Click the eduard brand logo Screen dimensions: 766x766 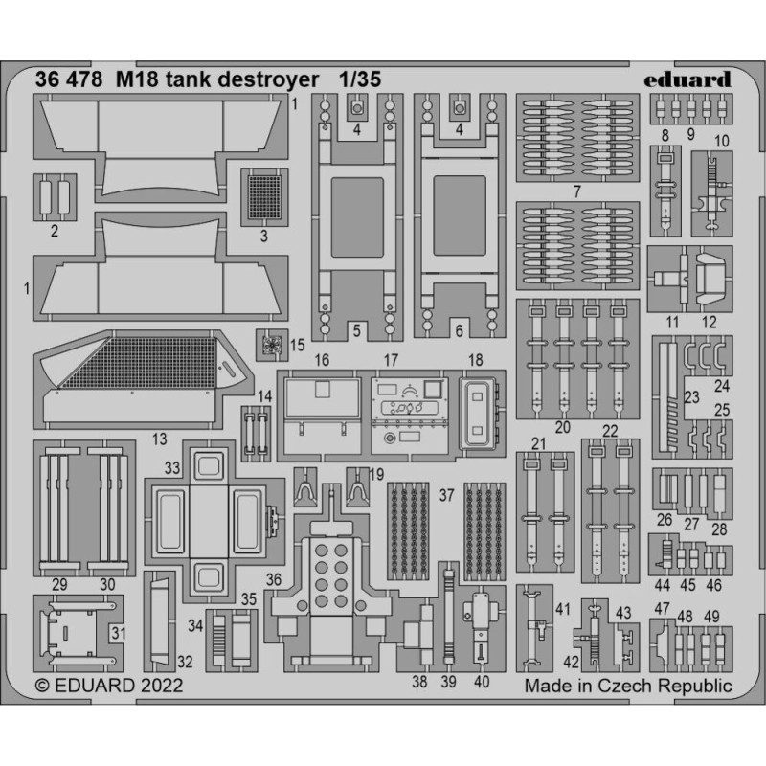(x=687, y=79)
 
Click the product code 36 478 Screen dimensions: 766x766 (x=69, y=79)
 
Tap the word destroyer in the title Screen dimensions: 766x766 (x=268, y=80)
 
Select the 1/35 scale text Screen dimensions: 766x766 (x=361, y=79)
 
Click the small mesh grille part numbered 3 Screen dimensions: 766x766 (x=264, y=197)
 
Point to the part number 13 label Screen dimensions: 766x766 (x=159, y=439)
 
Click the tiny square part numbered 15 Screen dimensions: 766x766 (x=272, y=345)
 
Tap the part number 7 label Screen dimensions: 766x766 (x=577, y=191)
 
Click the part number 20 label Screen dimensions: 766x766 (x=563, y=427)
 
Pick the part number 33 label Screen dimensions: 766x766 (x=172, y=468)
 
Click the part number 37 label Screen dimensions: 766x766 (x=446, y=495)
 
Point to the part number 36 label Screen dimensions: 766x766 (x=274, y=580)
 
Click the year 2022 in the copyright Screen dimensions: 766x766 (x=162, y=686)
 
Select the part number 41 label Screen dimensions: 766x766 (x=563, y=609)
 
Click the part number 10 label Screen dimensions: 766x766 (x=722, y=141)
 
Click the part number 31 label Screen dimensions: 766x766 (x=119, y=633)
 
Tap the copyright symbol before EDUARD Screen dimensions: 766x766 (x=42, y=686)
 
